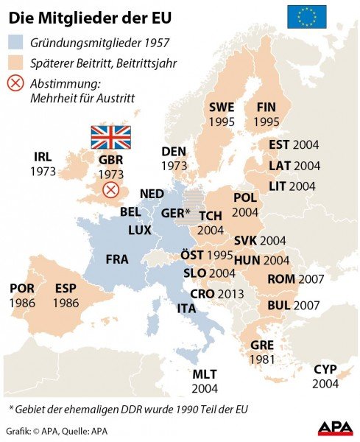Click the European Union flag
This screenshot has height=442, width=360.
(x=306, y=16)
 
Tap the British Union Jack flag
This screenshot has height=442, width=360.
(x=110, y=137)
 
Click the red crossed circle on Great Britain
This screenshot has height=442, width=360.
(x=110, y=190)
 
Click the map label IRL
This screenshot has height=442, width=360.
(x=43, y=157)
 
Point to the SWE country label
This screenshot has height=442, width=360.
(x=221, y=107)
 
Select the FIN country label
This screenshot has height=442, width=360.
(x=266, y=107)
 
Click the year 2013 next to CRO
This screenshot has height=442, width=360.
(x=230, y=293)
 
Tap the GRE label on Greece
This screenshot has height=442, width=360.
(x=262, y=345)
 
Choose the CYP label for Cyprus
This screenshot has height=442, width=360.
(x=325, y=369)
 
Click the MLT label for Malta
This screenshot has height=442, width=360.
(x=205, y=374)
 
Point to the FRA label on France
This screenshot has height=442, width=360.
(x=117, y=259)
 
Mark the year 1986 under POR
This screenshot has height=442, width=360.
(x=22, y=303)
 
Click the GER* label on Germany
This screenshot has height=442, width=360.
(x=175, y=214)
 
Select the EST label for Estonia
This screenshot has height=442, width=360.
(x=279, y=144)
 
